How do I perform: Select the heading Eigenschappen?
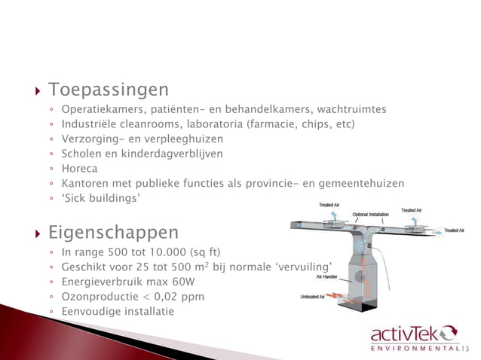pyautogui.click(x=113, y=231)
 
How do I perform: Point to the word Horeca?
pyautogui.click(x=80, y=169)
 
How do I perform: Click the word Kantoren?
pyautogui.click(x=86, y=183)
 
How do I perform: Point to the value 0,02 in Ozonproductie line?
pyautogui.click(x=167, y=297)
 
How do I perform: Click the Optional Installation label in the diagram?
pyautogui.click(x=370, y=214)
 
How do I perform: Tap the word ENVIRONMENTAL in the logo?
pyautogui.click(x=415, y=349)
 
